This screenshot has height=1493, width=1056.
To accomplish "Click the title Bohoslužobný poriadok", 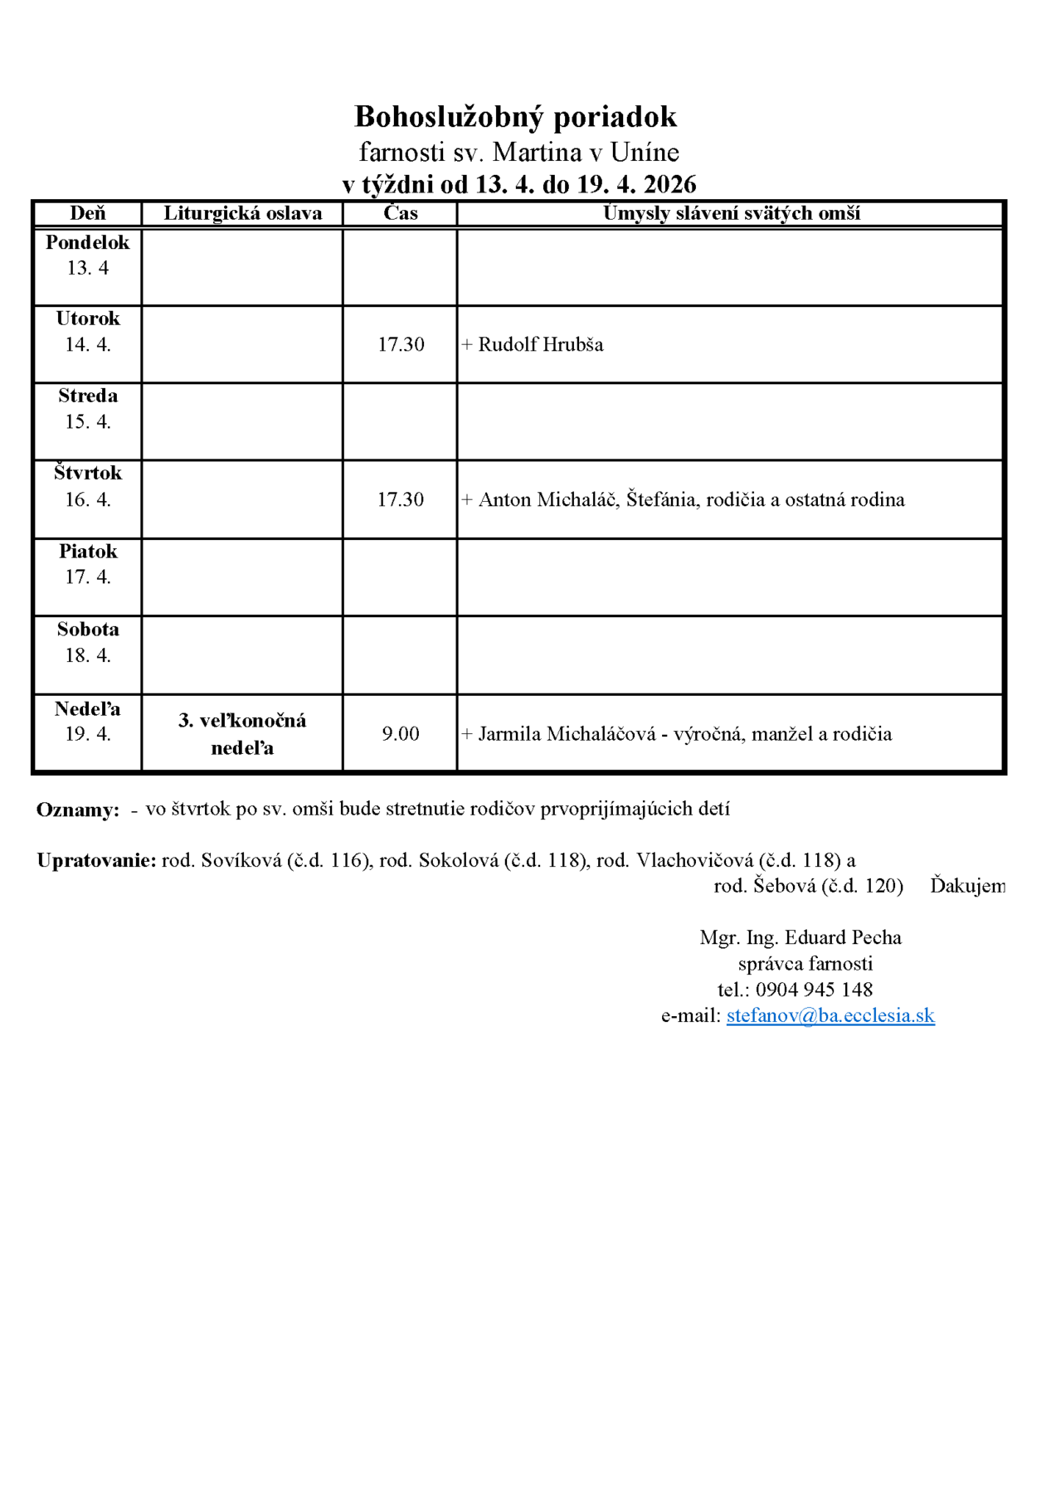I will [x=515, y=117].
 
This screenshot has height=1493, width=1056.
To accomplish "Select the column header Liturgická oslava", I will [x=242, y=213].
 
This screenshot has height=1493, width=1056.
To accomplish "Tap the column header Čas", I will [x=400, y=213].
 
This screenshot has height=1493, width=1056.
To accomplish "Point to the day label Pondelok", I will [x=87, y=242].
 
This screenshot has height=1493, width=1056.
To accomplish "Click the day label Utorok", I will [x=87, y=319].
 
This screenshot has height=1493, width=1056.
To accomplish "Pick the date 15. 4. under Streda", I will [x=87, y=421].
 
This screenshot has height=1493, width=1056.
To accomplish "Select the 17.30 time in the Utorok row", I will [x=401, y=344].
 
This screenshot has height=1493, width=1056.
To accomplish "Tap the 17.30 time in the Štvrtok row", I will [x=401, y=499].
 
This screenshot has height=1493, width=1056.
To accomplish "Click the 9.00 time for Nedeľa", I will [x=401, y=734].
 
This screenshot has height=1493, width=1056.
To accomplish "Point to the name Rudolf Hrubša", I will [x=541, y=344].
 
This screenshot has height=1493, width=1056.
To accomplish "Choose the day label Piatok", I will [x=87, y=552].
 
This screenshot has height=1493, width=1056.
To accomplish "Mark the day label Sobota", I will [x=87, y=630].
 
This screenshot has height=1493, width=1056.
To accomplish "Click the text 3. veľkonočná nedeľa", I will [x=242, y=734].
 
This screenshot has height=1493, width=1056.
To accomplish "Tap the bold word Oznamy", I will [x=77, y=810].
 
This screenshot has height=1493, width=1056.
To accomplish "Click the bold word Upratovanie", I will [x=96, y=860].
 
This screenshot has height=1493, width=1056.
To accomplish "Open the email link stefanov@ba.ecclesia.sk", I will [x=830, y=1015].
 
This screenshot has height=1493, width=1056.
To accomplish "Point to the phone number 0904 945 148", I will [x=814, y=990].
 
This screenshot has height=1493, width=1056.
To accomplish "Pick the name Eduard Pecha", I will [x=843, y=937].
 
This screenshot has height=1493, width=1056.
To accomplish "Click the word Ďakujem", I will [x=967, y=886].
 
